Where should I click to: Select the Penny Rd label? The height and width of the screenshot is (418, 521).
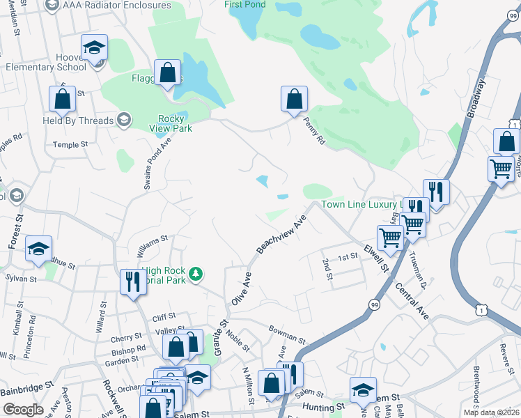click(314, 131)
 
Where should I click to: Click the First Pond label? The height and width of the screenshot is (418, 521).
click(244, 5)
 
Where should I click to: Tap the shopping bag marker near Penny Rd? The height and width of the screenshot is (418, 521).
click(294, 99)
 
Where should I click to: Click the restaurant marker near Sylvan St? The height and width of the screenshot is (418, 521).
click(132, 282)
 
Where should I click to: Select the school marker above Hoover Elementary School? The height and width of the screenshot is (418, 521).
click(94, 48)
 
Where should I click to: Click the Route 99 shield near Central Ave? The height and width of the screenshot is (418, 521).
click(374, 305)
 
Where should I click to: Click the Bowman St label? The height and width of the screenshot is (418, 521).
click(287, 333)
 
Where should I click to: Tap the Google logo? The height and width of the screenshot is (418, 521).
click(22, 410)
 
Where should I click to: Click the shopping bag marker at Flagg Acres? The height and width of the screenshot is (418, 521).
click(167, 72)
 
